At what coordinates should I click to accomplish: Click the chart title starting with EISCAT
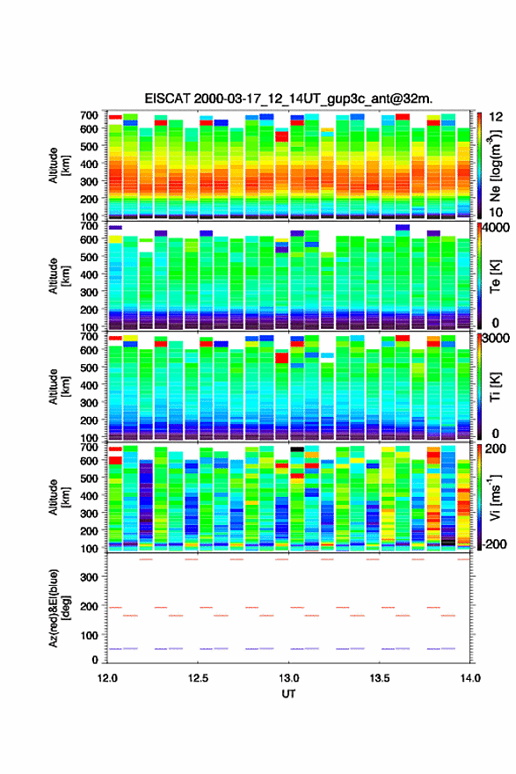pyautogui.click(x=288, y=99)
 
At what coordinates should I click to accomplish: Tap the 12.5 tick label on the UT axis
pyautogui.click(x=198, y=678)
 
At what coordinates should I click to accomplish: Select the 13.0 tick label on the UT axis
pyautogui.click(x=288, y=678)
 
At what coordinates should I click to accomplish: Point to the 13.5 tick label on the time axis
pyautogui.click(x=380, y=678)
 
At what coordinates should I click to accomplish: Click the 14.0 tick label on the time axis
pyautogui.click(x=470, y=678)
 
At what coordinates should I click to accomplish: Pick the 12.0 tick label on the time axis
pyautogui.click(x=107, y=678)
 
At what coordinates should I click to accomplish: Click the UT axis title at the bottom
pyautogui.click(x=288, y=694)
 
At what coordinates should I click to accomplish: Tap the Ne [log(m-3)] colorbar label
pyautogui.click(x=495, y=165)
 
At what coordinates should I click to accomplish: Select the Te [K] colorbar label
pyautogui.click(x=495, y=276)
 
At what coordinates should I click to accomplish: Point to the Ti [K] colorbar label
pyautogui.click(x=495, y=387)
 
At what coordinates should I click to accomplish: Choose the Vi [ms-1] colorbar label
pyautogui.click(x=495, y=498)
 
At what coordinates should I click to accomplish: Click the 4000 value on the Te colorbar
pyautogui.click(x=497, y=229)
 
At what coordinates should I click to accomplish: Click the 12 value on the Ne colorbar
pyautogui.click(x=497, y=117)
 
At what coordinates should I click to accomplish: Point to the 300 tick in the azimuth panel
pyautogui.click(x=90, y=577)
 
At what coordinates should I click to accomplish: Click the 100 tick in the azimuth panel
pyautogui.click(x=90, y=635)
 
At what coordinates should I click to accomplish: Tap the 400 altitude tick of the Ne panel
pyautogui.click(x=90, y=164)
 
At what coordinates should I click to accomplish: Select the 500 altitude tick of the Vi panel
pyautogui.click(x=90, y=478)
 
